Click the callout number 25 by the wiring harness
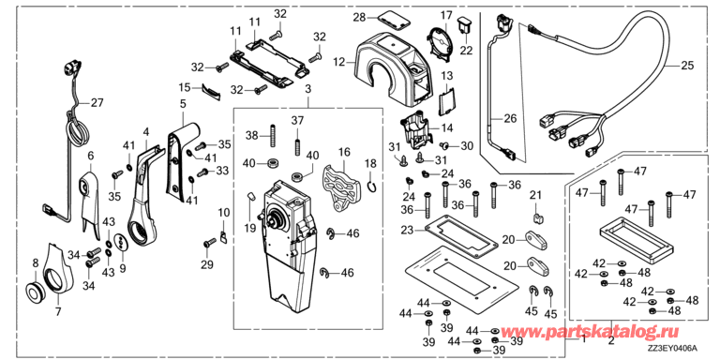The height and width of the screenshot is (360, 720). point(687,67)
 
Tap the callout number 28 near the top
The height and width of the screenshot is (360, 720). point(359,18)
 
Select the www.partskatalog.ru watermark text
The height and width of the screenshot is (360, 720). point(590,332)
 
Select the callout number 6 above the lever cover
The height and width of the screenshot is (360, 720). point(91,156)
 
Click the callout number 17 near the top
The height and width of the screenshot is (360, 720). point(445,15)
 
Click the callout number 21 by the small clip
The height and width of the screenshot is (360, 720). point(535,194)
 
